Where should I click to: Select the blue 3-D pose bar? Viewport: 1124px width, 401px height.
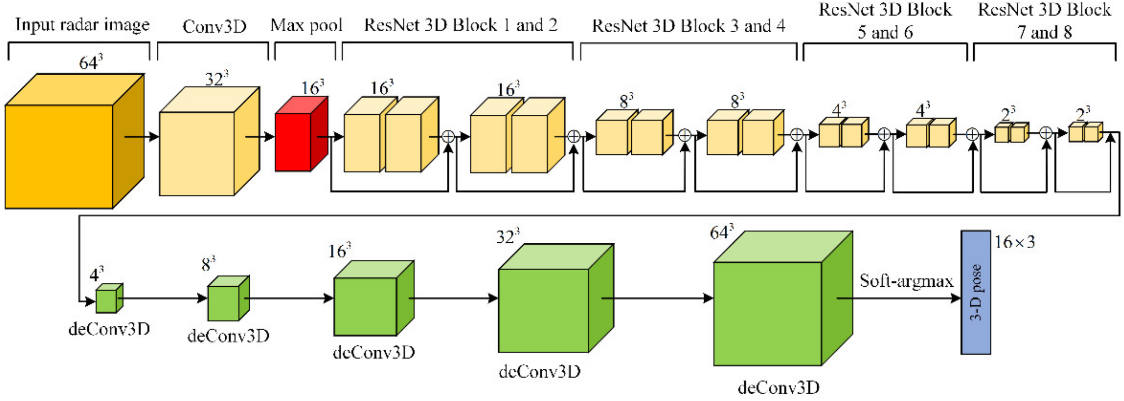click(976, 292)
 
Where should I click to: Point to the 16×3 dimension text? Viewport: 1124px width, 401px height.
click(1014, 242)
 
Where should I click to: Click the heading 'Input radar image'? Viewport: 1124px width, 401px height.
click(82, 25)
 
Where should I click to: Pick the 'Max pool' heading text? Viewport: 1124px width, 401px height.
click(306, 25)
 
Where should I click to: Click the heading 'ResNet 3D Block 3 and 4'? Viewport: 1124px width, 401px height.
click(688, 26)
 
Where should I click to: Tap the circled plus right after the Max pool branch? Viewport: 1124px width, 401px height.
click(449, 137)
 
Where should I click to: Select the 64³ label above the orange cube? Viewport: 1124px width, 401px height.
click(90, 63)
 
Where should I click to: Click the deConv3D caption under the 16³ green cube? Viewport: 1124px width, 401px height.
click(374, 352)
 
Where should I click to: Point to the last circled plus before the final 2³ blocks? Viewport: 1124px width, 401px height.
click(1045, 133)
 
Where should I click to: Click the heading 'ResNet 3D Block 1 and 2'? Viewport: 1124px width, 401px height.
click(461, 25)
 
